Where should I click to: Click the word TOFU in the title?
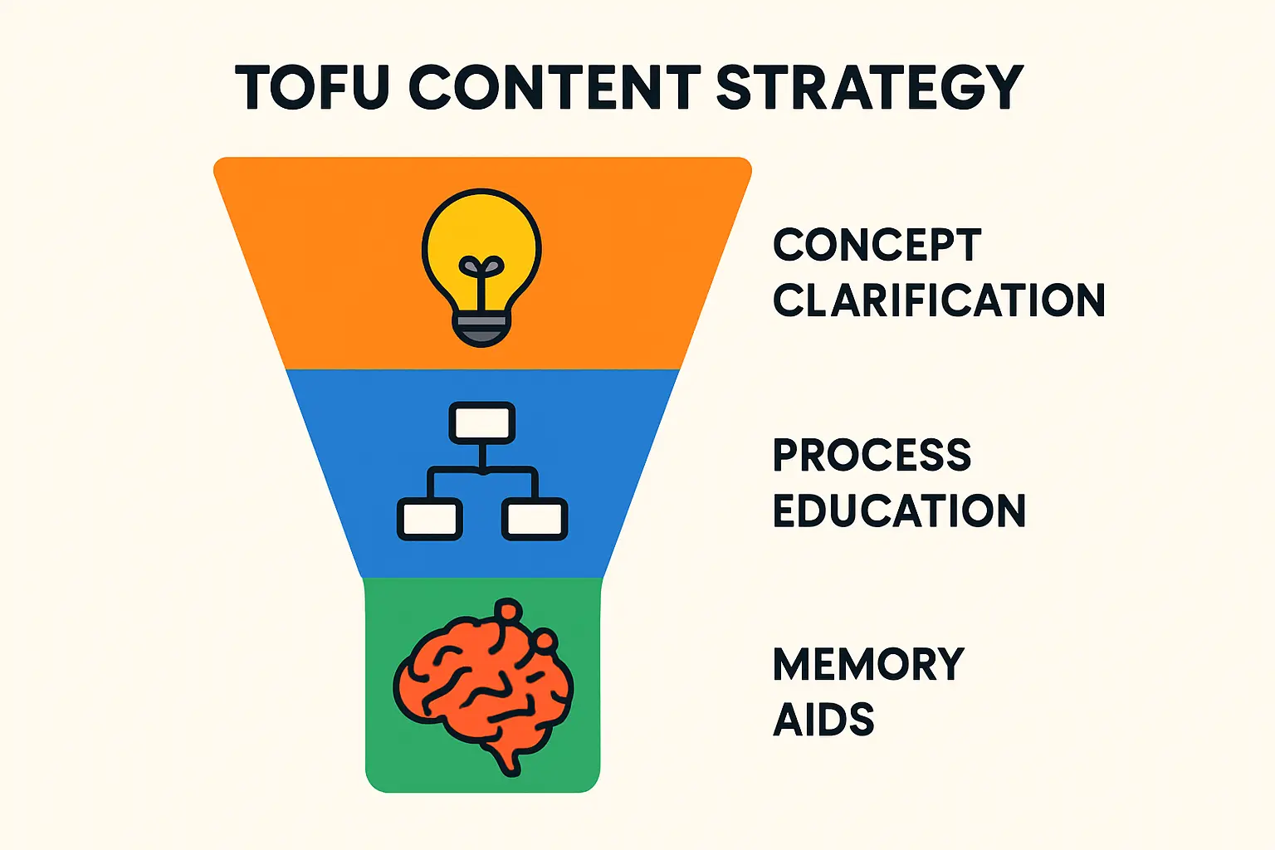coord(311,87)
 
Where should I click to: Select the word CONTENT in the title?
coord(554,87)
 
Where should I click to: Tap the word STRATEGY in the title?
coord(868,87)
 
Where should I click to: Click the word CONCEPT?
coord(877,245)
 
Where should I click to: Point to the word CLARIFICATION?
coord(939,300)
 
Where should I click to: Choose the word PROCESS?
coord(872,455)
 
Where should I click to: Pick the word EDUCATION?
coord(899,510)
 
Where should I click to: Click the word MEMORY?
coord(868,665)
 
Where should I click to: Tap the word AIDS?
coord(823,720)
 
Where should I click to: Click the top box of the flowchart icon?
coord(481,423)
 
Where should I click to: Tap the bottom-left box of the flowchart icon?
coord(429,520)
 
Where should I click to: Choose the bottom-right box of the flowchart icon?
coord(535,520)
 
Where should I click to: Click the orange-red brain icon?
coord(481,681)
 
